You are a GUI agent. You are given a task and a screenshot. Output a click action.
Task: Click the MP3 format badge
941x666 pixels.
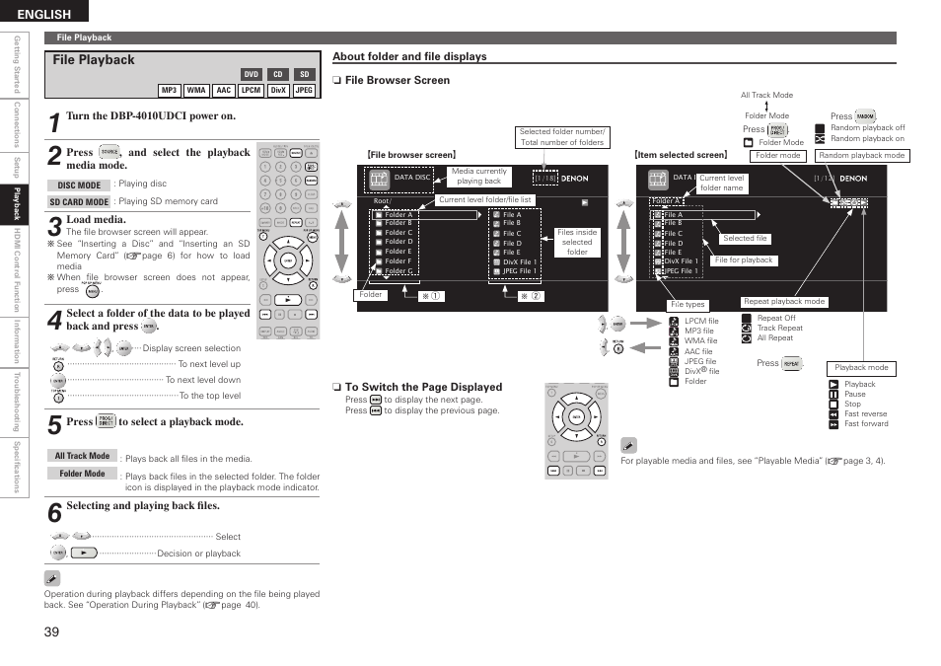(x=170, y=90)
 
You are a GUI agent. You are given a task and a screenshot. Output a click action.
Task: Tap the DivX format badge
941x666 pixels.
(x=278, y=90)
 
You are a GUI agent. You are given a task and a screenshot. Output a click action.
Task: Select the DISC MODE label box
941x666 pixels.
(x=79, y=185)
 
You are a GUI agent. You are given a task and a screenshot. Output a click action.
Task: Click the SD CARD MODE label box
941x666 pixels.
(x=79, y=201)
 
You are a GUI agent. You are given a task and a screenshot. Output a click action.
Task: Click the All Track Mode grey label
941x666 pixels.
(x=82, y=456)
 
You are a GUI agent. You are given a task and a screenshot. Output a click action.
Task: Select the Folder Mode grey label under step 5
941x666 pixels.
(x=82, y=474)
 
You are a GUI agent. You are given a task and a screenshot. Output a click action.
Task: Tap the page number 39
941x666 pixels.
(x=52, y=632)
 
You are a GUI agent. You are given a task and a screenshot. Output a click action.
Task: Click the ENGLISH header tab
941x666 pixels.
(x=44, y=14)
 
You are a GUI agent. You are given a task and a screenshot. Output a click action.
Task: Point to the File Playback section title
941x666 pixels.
(x=94, y=60)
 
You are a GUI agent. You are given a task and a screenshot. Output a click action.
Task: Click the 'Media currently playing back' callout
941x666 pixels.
(x=478, y=177)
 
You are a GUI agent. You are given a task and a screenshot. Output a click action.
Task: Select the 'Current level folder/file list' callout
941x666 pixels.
(x=485, y=199)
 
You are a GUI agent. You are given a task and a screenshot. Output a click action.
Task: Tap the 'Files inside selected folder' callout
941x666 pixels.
(x=577, y=242)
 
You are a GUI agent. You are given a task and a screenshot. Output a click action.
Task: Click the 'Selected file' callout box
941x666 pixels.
(x=745, y=239)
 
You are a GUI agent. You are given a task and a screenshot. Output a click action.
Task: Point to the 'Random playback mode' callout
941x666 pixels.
(x=863, y=156)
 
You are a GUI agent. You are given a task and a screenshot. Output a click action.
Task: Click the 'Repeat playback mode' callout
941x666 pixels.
(x=784, y=302)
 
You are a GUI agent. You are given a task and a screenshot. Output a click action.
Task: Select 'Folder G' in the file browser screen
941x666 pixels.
(x=398, y=270)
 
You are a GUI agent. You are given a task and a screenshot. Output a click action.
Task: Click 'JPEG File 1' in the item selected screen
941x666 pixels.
(x=681, y=270)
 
